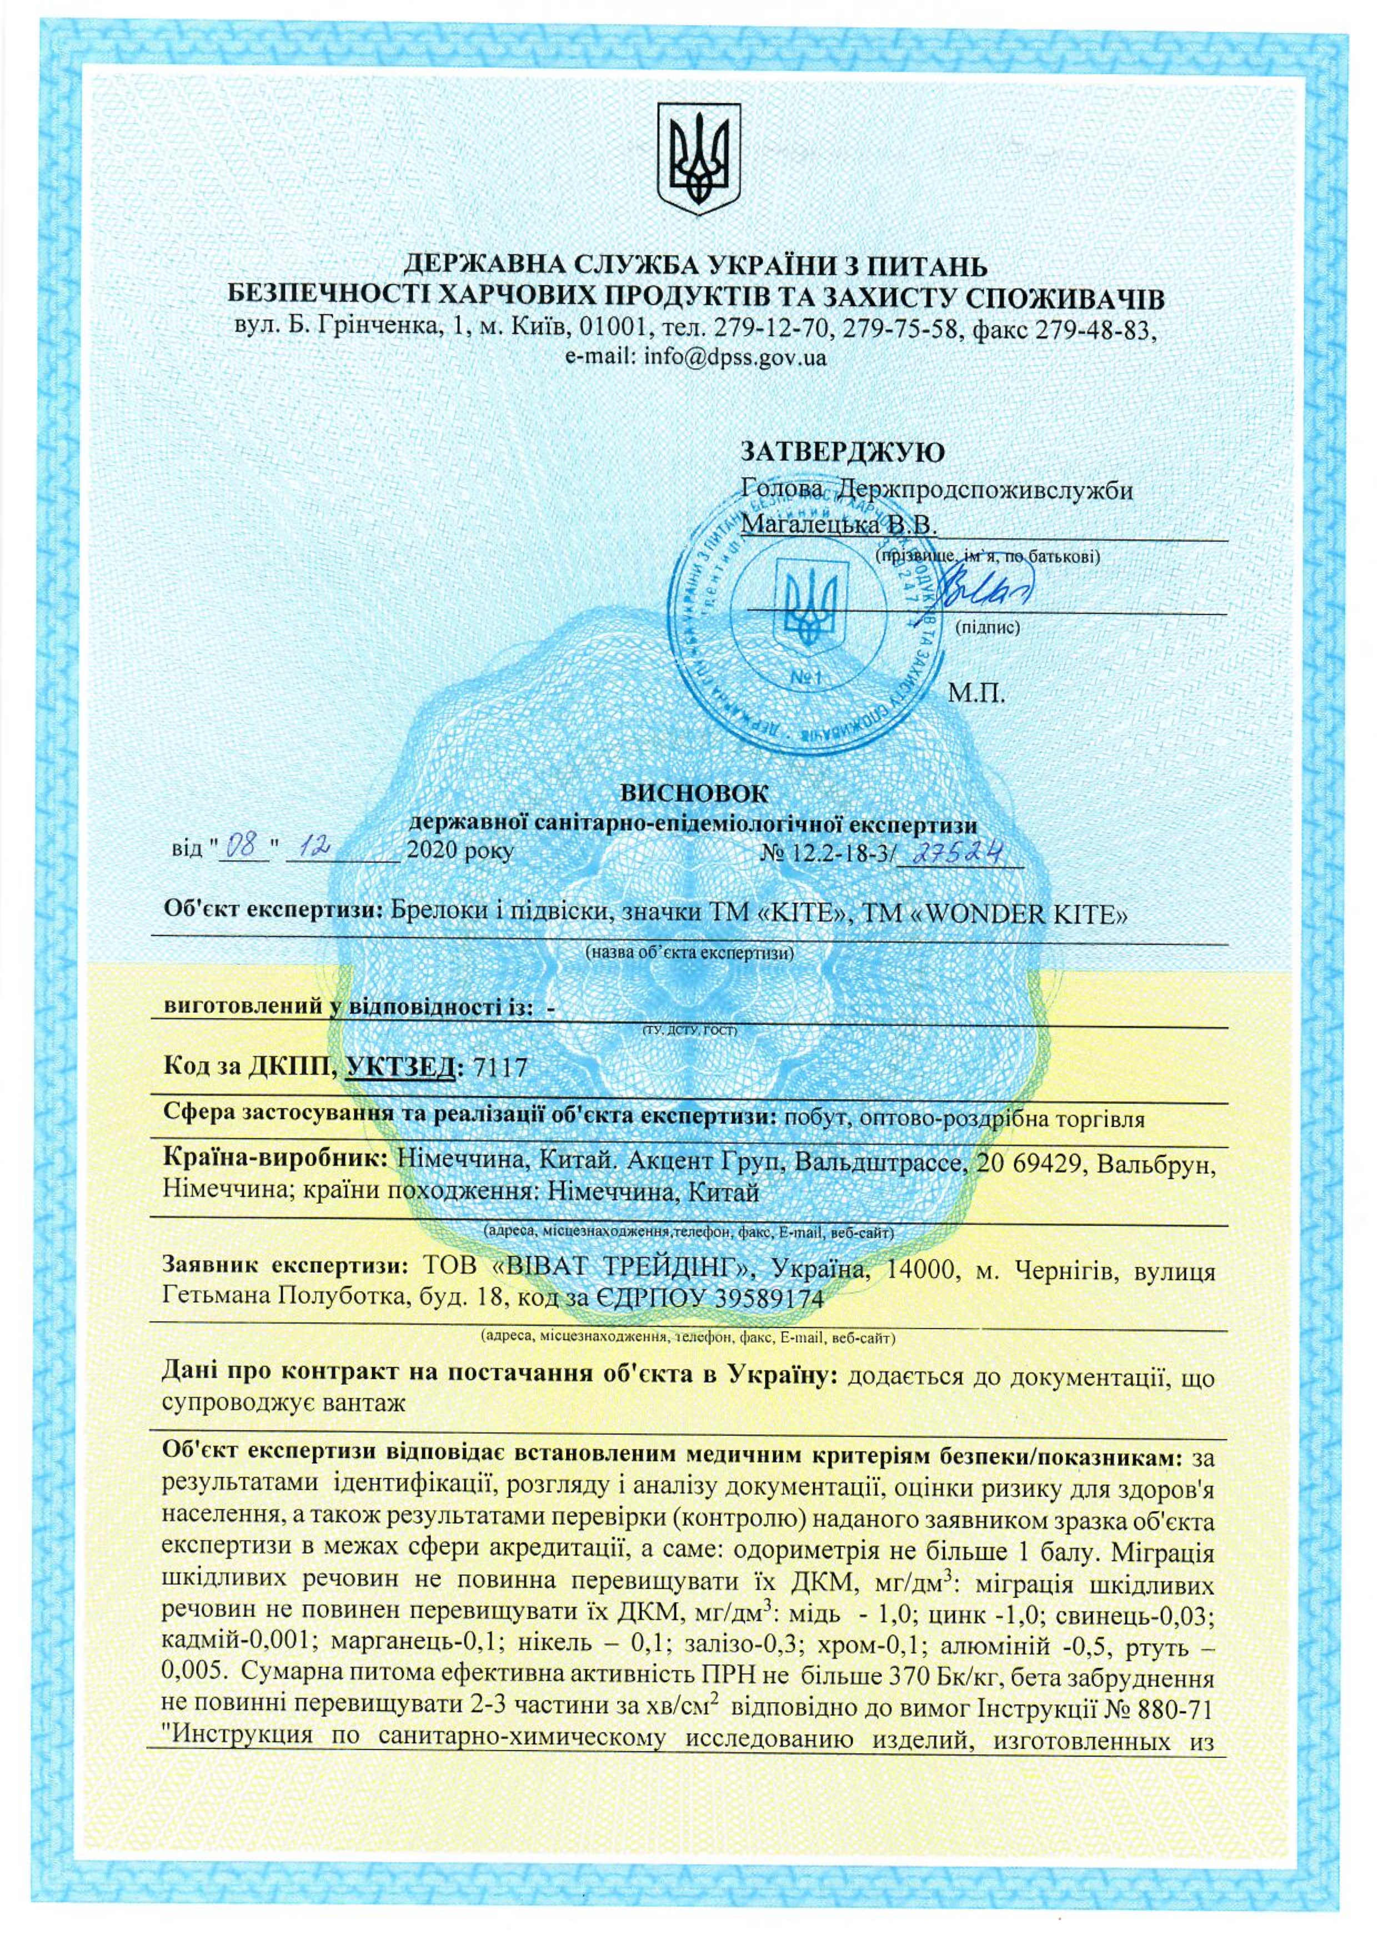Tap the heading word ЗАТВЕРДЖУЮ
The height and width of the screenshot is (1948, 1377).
point(843,452)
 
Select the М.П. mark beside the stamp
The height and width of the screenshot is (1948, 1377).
point(976,696)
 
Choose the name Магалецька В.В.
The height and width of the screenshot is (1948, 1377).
point(839,525)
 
